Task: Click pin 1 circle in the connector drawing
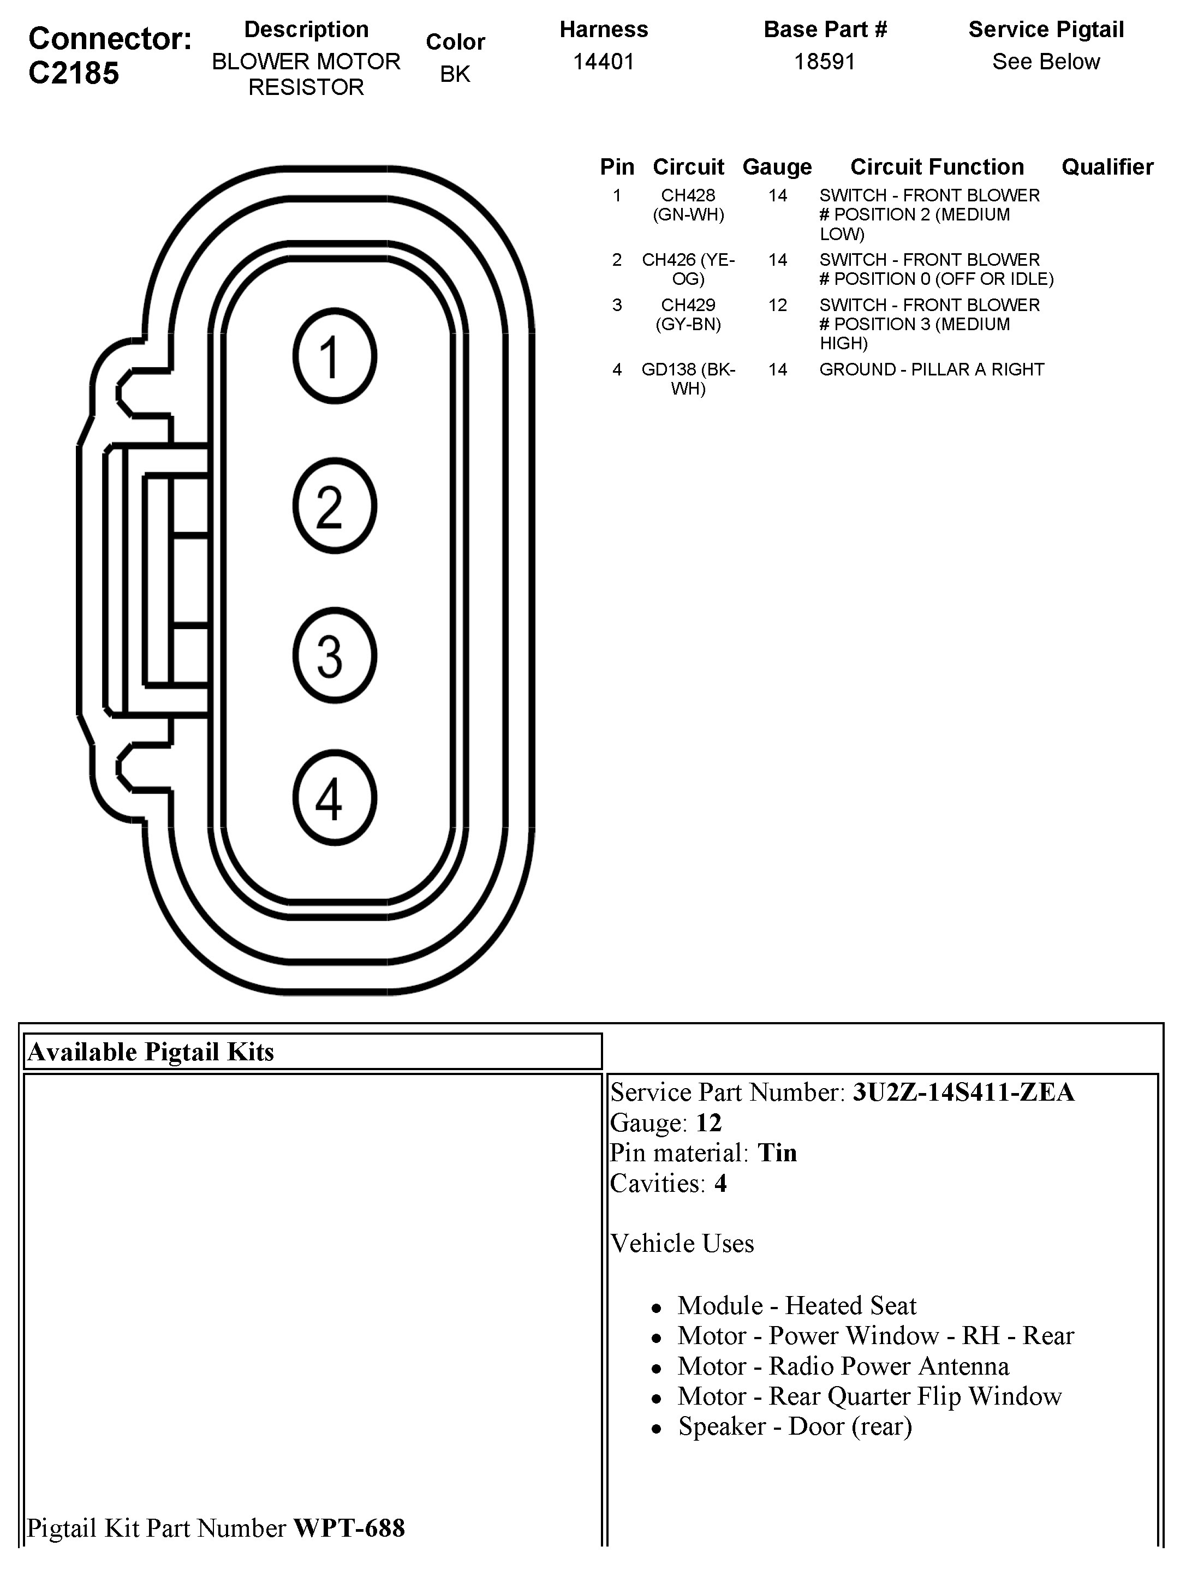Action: pyautogui.click(x=334, y=356)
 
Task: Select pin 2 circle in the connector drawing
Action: pyautogui.click(x=334, y=506)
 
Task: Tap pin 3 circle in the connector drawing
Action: pyautogui.click(x=334, y=655)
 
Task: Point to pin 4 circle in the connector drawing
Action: pyautogui.click(x=334, y=798)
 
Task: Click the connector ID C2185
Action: pyautogui.click(x=74, y=73)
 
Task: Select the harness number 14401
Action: pyautogui.click(x=603, y=62)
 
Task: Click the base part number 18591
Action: pyautogui.click(x=825, y=62)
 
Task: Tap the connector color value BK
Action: pyautogui.click(x=455, y=74)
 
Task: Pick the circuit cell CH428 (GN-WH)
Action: pyautogui.click(x=688, y=205)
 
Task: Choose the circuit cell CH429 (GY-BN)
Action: pyautogui.click(x=688, y=314)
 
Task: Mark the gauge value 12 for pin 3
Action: pyautogui.click(x=777, y=305)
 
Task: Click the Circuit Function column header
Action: pyautogui.click(x=937, y=167)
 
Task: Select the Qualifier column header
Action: pyautogui.click(x=1107, y=167)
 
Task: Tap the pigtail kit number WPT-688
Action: pyautogui.click(x=349, y=1527)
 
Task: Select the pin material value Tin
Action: pyautogui.click(x=777, y=1153)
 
